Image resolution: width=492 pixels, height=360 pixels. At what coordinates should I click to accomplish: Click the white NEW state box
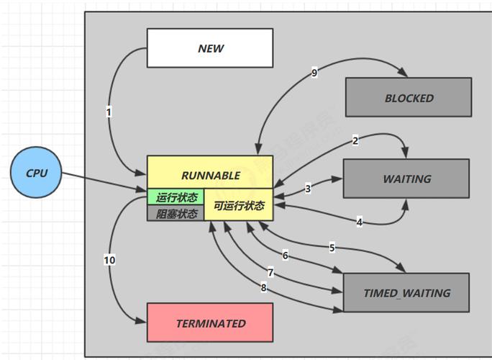point(210,48)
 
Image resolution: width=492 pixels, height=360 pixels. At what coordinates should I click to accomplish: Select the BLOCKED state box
point(409,98)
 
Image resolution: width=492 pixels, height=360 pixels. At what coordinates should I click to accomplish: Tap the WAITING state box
point(407,179)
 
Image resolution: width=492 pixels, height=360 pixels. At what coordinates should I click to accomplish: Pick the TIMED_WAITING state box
point(406,293)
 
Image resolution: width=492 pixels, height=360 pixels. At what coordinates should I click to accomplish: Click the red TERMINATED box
point(210,323)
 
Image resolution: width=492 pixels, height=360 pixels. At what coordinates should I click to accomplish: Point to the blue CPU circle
point(37,174)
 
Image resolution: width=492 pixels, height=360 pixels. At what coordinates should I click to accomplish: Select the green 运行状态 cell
point(176,197)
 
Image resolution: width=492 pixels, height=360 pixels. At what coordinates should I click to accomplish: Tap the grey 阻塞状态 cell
point(176,213)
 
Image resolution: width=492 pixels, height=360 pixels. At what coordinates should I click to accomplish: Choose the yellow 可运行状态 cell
point(239,205)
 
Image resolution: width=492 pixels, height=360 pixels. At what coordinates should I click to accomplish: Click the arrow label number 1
point(109,112)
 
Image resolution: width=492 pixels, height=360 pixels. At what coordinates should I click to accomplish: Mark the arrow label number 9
point(314,73)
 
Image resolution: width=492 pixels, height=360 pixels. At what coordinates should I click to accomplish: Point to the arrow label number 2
point(355,141)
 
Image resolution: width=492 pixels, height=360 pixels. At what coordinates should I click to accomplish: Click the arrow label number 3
point(308,189)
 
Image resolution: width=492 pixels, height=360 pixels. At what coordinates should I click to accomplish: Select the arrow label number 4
point(359,222)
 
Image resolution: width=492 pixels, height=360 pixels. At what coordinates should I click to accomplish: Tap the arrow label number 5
point(332,248)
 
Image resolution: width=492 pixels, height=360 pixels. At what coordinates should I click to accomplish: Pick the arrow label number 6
point(285,256)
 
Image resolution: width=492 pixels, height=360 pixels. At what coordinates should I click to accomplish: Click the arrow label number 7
point(270,273)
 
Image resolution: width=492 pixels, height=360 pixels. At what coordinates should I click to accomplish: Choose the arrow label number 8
point(263,288)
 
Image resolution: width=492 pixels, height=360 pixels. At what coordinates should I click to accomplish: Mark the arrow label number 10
point(109,259)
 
